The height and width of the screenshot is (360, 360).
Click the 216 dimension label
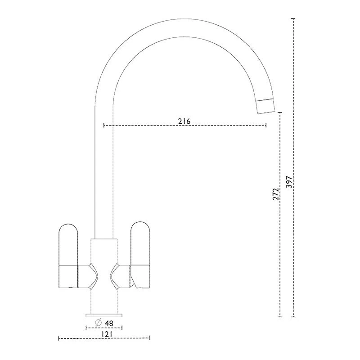point(184,121)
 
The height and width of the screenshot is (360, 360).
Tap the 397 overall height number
point(289,181)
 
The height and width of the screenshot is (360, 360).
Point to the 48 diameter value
point(108,323)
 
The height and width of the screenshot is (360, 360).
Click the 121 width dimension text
point(106,334)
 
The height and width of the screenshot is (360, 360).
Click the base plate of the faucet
point(104,314)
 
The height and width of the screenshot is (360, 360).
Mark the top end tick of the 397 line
point(293,19)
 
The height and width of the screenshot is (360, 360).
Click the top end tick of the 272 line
point(280,112)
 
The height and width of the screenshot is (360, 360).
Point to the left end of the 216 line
point(104,125)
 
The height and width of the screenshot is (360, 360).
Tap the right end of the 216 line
point(266,125)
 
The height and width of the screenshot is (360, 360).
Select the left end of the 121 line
point(59,337)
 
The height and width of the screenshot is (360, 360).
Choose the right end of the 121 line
point(150,337)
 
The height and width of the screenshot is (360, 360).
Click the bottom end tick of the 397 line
point(293,316)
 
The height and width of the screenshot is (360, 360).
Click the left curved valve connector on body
point(93,275)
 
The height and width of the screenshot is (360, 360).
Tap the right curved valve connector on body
point(116,275)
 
